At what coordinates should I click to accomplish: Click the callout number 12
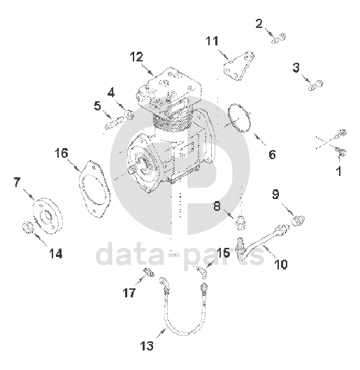pyautogui.click(x=136, y=57)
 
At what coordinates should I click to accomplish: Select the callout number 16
pyautogui.click(x=62, y=153)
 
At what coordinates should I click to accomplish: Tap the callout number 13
pyautogui.click(x=147, y=346)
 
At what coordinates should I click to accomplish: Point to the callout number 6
pyautogui.click(x=272, y=155)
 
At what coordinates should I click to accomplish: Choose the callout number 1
pyautogui.click(x=339, y=171)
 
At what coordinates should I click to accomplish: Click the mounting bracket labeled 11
pyautogui.click(x=239, y=65)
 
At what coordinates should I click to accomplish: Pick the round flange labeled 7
pyautogui.click(x=48, y=216)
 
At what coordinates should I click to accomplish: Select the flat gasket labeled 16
pyautogui.click(x=94, y=188)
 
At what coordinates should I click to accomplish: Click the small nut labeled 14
pyautogui.click(x=27, y=228)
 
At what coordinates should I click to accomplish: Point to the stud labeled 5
pyautogui.click(x=115, y=122)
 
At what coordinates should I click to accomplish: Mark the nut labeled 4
pyautogui.click(x=129, y=114)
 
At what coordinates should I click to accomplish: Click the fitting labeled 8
pyautogui.click(x=241, y=222)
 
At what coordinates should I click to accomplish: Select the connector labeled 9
pyautogui.click(x=298, y=221)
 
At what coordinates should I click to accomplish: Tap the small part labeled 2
pyautogui.click(x=278, y=38)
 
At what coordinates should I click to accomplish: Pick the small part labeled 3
pyautogui.click(x=315, y=85)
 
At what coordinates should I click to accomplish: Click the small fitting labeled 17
pyautogui.click(x=150, y=272)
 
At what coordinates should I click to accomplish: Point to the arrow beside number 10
pyautogui.click(x=269, y=251)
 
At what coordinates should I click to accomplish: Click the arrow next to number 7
pyautogui.click(x=29, y=195)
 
